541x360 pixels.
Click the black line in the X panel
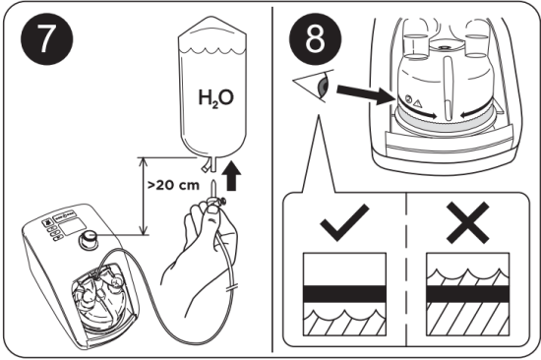tap(465, 292)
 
